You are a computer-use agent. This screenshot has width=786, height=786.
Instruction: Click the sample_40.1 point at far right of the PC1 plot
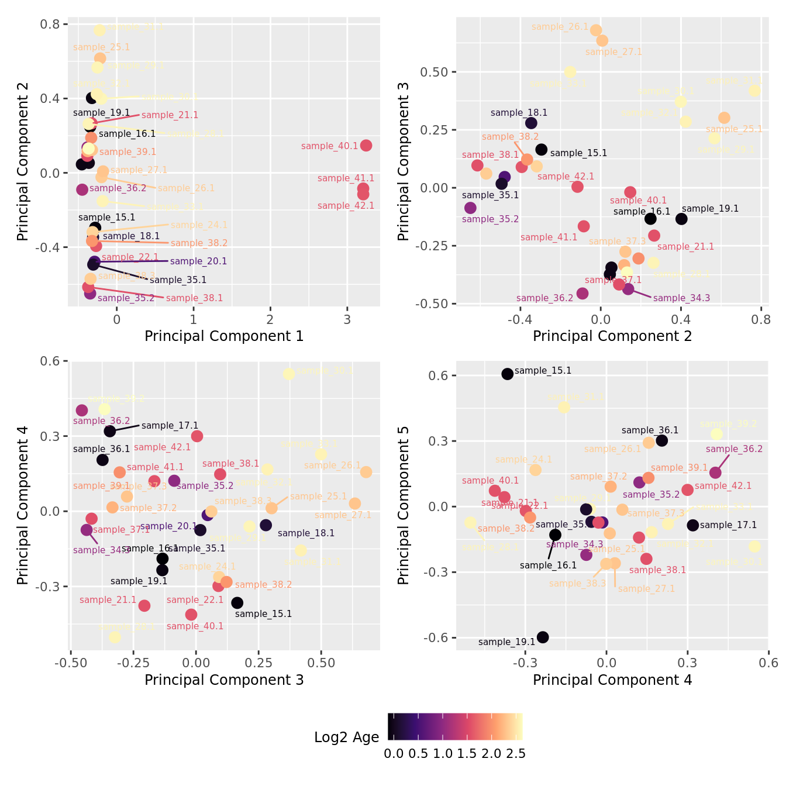pos(366,146)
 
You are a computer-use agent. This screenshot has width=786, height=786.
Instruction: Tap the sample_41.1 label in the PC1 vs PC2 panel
pos(346,178)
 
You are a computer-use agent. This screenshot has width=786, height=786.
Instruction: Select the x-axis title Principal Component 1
pos(224,336)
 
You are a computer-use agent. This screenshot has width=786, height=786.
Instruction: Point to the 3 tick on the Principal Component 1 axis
pos(347,319)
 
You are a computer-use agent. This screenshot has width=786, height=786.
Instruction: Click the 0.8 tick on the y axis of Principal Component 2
pos(50,24)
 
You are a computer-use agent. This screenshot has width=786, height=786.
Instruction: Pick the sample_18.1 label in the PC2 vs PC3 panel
pos(519,113)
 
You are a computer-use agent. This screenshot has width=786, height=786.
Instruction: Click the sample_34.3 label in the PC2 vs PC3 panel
pos(681,298)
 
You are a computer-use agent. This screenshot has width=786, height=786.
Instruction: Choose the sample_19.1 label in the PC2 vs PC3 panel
pos(710,209)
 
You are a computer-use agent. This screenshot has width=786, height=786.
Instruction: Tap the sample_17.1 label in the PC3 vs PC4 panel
pos(170,426)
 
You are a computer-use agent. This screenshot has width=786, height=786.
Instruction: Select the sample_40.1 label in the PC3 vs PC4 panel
pos(195,626)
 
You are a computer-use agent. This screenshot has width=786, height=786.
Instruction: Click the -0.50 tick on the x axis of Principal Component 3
pos(71,663)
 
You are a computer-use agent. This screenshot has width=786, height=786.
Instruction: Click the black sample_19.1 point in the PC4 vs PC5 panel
pos(543,637)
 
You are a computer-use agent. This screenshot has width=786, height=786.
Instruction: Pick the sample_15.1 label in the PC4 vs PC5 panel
pos(543,371)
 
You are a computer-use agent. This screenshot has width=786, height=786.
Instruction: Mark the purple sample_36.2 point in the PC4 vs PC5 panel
pos(715,473)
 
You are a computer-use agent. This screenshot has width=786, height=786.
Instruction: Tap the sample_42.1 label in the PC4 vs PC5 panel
pos(723,486)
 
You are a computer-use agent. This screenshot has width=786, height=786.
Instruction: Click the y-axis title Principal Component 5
pos(404,505)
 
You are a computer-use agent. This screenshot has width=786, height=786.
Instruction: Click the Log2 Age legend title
pos(346,737)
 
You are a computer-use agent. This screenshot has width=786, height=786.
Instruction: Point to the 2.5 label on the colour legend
pos(516,754)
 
